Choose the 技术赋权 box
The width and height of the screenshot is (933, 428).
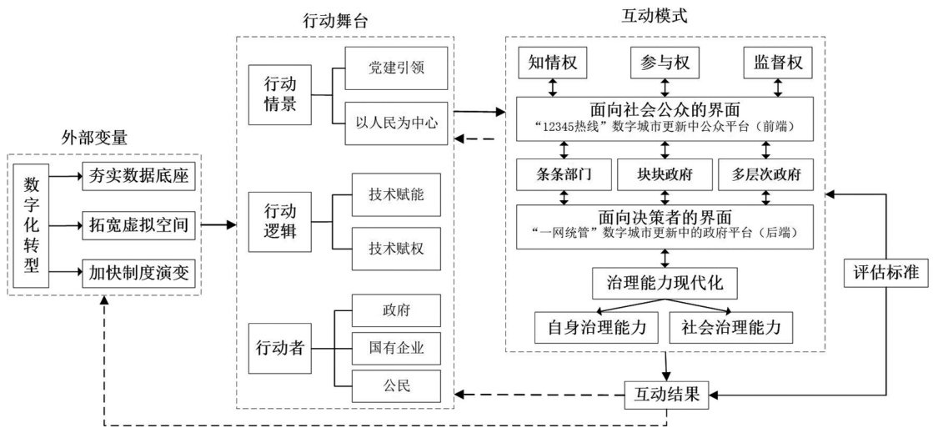click(395, 248)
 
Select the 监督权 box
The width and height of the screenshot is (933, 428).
click(777, 63)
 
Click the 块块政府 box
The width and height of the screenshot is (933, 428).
click(665, 174)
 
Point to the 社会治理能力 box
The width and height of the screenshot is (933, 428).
click(730, 327)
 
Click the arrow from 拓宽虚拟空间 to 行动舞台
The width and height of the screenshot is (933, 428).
click(218, 224)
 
